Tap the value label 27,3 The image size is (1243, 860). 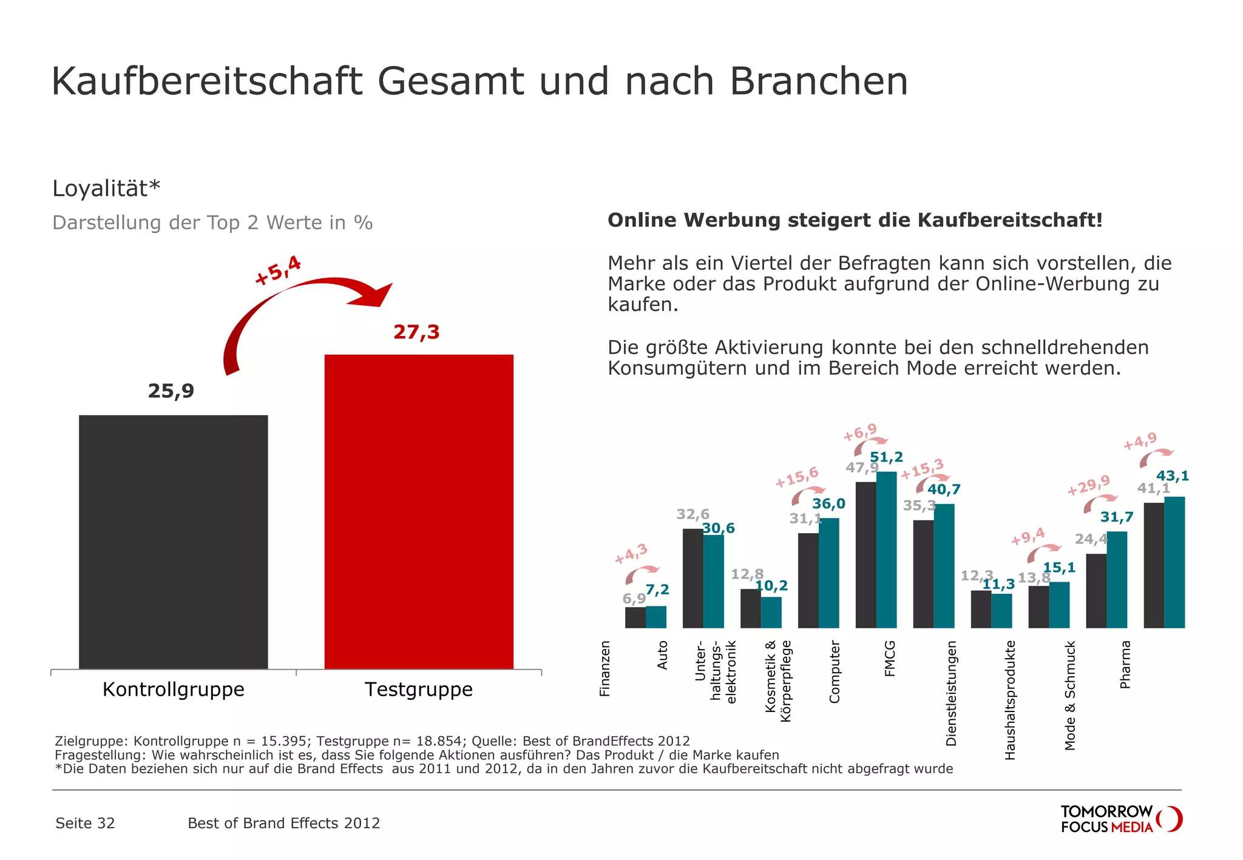click(416, 332)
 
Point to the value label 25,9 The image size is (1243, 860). click(171, 391)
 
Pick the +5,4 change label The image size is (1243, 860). click(278, 270)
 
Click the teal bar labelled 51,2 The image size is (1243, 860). click(886, 549)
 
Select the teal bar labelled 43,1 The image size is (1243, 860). click(1174, 562)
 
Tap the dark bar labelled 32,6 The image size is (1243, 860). click(693, 577)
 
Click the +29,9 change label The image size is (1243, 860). click(1089, 485)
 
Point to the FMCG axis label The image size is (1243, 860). click(890, 658)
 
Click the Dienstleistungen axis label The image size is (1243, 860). click(951, 693)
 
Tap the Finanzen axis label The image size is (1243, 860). click(605, 668)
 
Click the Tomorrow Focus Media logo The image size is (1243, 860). click(1120, 819)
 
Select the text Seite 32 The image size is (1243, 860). click(85, 823)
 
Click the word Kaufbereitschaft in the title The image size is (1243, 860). click(207, 81)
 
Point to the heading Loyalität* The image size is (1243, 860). click(106, 189)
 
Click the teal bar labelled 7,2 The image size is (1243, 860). click(656, 616)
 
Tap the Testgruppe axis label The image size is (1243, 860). click(419, 690)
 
